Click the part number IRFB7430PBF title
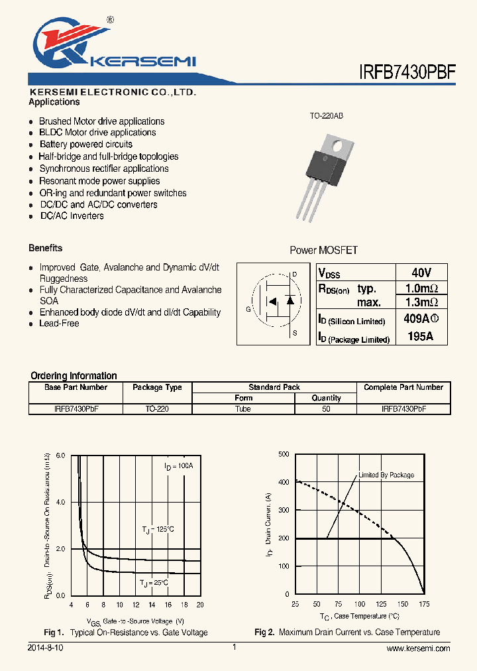(x=407, y=72)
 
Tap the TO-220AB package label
(x=326, y=116)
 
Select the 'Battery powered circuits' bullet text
(x=85, y=144)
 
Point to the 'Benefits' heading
(x=46, y=248)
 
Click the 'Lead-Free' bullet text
(x=59, y=324)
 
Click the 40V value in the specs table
(x=421, y=273)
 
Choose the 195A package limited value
(x=421, y=336)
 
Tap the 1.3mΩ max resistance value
(x=421, y=302)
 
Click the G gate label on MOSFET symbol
(x=248, y=310)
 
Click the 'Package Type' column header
(x=157, y=387)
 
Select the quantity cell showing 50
(x=326, y=409)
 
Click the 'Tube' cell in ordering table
(x=243, y=409)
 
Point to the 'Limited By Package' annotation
(x=386, y=475)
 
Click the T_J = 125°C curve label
(x=158, y=529)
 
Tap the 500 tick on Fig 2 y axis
(x=283, y=454)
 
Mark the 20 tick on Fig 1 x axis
(x=200, y=605)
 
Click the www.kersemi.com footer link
(x=418, y=648)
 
